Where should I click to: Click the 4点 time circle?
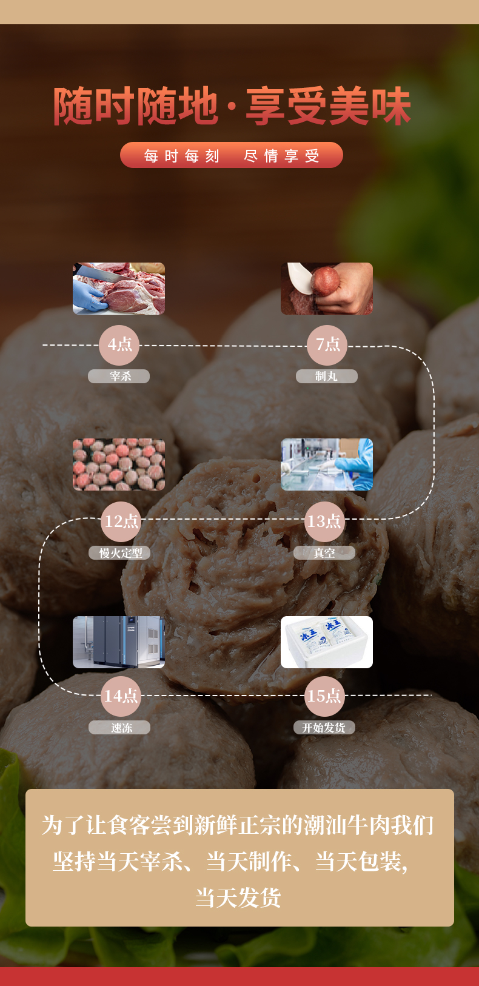119,345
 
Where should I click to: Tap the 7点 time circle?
327,345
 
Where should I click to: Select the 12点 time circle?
121,521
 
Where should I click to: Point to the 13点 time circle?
324,521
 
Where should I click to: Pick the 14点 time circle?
121,696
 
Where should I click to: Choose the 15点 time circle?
324,696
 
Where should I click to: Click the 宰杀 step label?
119,377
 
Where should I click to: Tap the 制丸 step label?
326,377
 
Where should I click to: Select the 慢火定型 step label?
120,553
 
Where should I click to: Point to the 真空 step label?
324,553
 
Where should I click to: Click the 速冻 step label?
120,728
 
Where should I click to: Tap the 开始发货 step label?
324,728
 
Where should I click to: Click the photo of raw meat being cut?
119,289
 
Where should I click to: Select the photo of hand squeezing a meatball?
327,289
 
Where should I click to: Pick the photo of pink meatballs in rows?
119,464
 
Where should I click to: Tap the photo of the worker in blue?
327,464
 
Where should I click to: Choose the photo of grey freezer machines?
119,642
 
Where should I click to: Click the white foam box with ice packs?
327,642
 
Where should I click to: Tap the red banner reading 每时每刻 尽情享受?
232,155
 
